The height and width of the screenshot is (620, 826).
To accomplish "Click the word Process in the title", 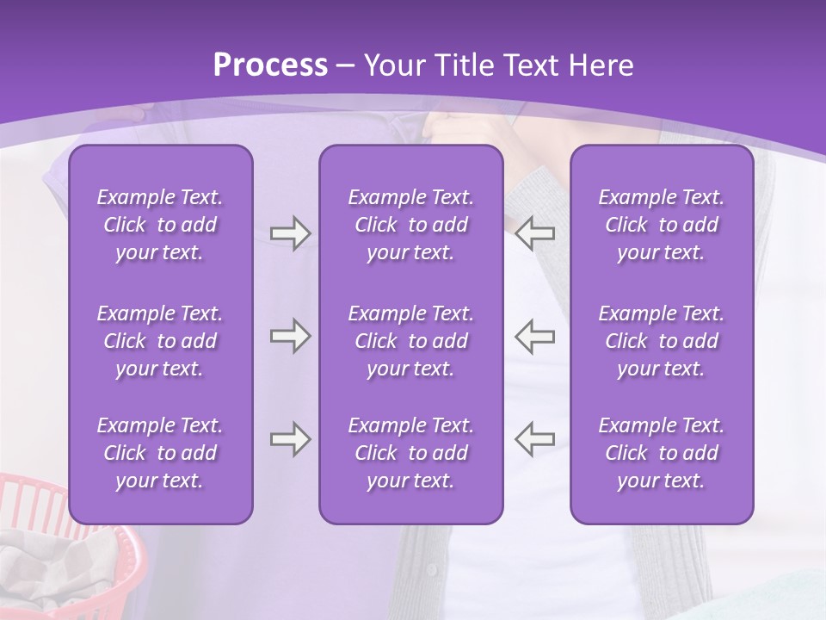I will tap(270, 65).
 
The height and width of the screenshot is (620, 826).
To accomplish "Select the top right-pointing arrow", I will tap(291, 233).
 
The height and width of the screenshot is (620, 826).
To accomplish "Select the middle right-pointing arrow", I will tap(291, 336).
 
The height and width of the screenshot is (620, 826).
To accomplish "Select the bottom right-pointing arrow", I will tap(291, 439).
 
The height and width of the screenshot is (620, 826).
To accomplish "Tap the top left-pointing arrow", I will tap(534, 233).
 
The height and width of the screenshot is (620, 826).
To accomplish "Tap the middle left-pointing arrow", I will tap(534, 336).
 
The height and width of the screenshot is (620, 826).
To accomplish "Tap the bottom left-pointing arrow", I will tap(534, 439).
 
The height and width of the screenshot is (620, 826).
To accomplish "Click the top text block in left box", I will tap(160, 225).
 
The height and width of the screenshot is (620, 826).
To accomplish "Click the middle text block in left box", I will tap(160, 341).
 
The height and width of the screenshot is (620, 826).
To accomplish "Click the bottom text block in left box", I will tap(160, 453).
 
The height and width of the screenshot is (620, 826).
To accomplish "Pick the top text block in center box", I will tap(410, 225).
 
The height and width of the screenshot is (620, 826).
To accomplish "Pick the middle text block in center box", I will tap(410, 341).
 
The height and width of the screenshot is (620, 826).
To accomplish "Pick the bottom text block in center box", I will tap(410, 453).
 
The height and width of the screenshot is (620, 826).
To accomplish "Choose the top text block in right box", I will tap(661, 225).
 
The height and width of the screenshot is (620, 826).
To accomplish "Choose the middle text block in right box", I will tap(661, 341).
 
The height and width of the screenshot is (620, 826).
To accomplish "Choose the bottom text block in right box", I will tap(661, 453).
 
